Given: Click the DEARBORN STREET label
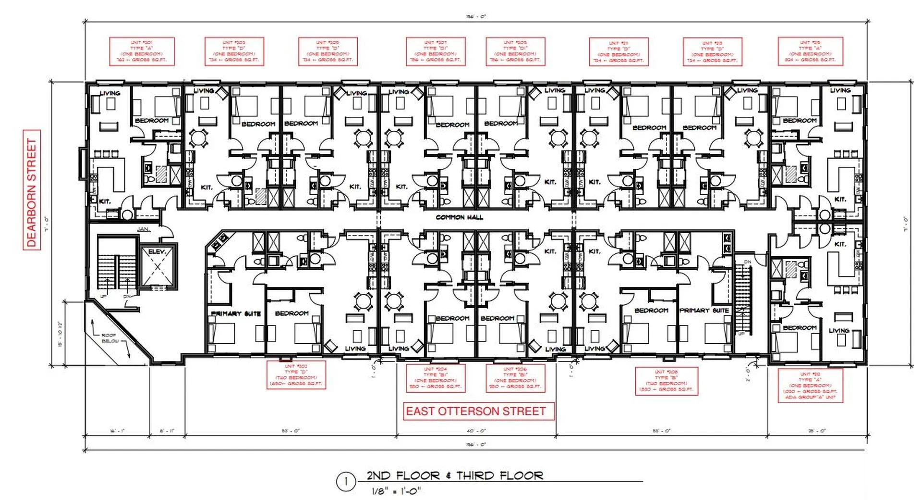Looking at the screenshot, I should pos(32,190).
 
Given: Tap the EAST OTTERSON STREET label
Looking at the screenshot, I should pos(476,412).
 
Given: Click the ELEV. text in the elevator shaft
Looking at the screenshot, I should pos(157,251).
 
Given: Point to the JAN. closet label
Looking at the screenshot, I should pos(143,229).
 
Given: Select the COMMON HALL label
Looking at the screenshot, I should pos(460,217).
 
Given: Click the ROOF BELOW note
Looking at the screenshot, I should pos(109,338).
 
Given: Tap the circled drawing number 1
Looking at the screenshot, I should pos(345,482).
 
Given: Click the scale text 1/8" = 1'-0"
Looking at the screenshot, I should pos(396,491).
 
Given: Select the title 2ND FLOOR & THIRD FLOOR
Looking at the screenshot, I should pos(455,475).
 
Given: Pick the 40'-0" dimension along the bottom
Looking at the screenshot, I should pos(476,431).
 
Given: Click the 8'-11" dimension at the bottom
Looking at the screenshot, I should pos(167,431).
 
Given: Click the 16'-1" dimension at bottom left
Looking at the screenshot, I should pos(117,431).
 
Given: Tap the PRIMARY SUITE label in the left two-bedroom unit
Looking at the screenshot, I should pos(236,313).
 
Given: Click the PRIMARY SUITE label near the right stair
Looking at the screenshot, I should pos(704,311).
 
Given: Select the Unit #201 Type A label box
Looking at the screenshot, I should pos(142,51).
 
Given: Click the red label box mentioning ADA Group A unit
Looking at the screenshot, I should pos(810,386).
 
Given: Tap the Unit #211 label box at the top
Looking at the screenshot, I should pos(619,52).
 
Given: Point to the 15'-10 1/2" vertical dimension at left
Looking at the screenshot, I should pos(61,334).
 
